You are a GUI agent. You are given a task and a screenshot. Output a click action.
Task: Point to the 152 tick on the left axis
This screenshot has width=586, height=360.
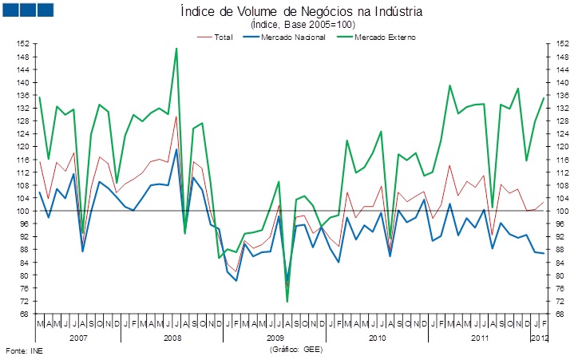pyautogui.click(x=24, y=44)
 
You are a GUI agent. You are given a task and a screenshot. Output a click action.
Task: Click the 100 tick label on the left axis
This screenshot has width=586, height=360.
pyautogui.click(x=24, y=211)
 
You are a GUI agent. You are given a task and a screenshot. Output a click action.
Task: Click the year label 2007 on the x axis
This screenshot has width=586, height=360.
pyautogui.click(x=78, y=338)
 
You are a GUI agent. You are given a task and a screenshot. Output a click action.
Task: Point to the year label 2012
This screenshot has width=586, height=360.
pyautogui.click(x=539, y=338)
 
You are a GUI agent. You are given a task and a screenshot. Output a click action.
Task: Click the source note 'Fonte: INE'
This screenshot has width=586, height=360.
pyautogui.click(x=22, y=350)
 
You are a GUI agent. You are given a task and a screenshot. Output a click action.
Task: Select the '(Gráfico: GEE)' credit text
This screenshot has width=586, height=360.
pyautogui.click(x=293, y=350)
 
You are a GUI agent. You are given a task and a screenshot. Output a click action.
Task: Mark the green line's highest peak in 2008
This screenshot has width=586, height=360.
pyautogui.click(x=176, y=49)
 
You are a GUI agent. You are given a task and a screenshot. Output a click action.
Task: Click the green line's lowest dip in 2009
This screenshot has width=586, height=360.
pyautogui.click(x=287, y=301)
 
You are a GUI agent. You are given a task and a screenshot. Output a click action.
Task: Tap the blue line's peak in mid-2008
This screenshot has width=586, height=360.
pyautogui.click(x=176, y=149)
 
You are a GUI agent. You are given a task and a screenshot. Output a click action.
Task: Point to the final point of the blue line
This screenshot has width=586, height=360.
pyautogui.click(x=544, y=253)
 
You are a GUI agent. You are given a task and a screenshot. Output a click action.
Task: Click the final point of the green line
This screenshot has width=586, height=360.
pyautogui.click(x=544, y=97)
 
